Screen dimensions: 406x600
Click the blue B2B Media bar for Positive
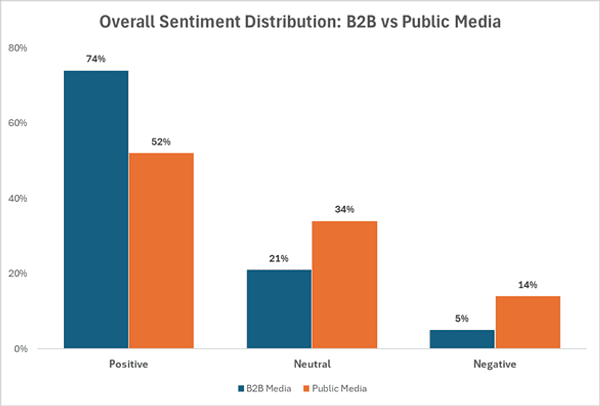pos(96,209)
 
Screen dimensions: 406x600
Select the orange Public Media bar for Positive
pos(161,250)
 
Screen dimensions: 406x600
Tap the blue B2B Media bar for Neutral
pos(279,309)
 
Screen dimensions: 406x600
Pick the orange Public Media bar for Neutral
pos(344,284)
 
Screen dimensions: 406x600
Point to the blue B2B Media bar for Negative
pos(462,339)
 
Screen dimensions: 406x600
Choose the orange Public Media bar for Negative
pos(527,322)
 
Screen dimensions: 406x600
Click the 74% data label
pos(96,59)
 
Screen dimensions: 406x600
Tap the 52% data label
pos(161,142)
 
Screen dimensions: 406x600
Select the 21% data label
pos(279,259)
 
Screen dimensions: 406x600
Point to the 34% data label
pos(344,210)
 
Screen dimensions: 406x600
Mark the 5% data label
pos(462,319)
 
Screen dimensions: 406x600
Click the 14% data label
pos(527,285)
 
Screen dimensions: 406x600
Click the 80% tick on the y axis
pos(17,48)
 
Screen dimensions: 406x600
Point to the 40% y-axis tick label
pos(17,199)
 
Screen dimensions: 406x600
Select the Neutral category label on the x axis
pos(312,364)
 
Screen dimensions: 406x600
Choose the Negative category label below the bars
pos(494,364)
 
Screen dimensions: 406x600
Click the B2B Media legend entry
pos(265,389)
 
